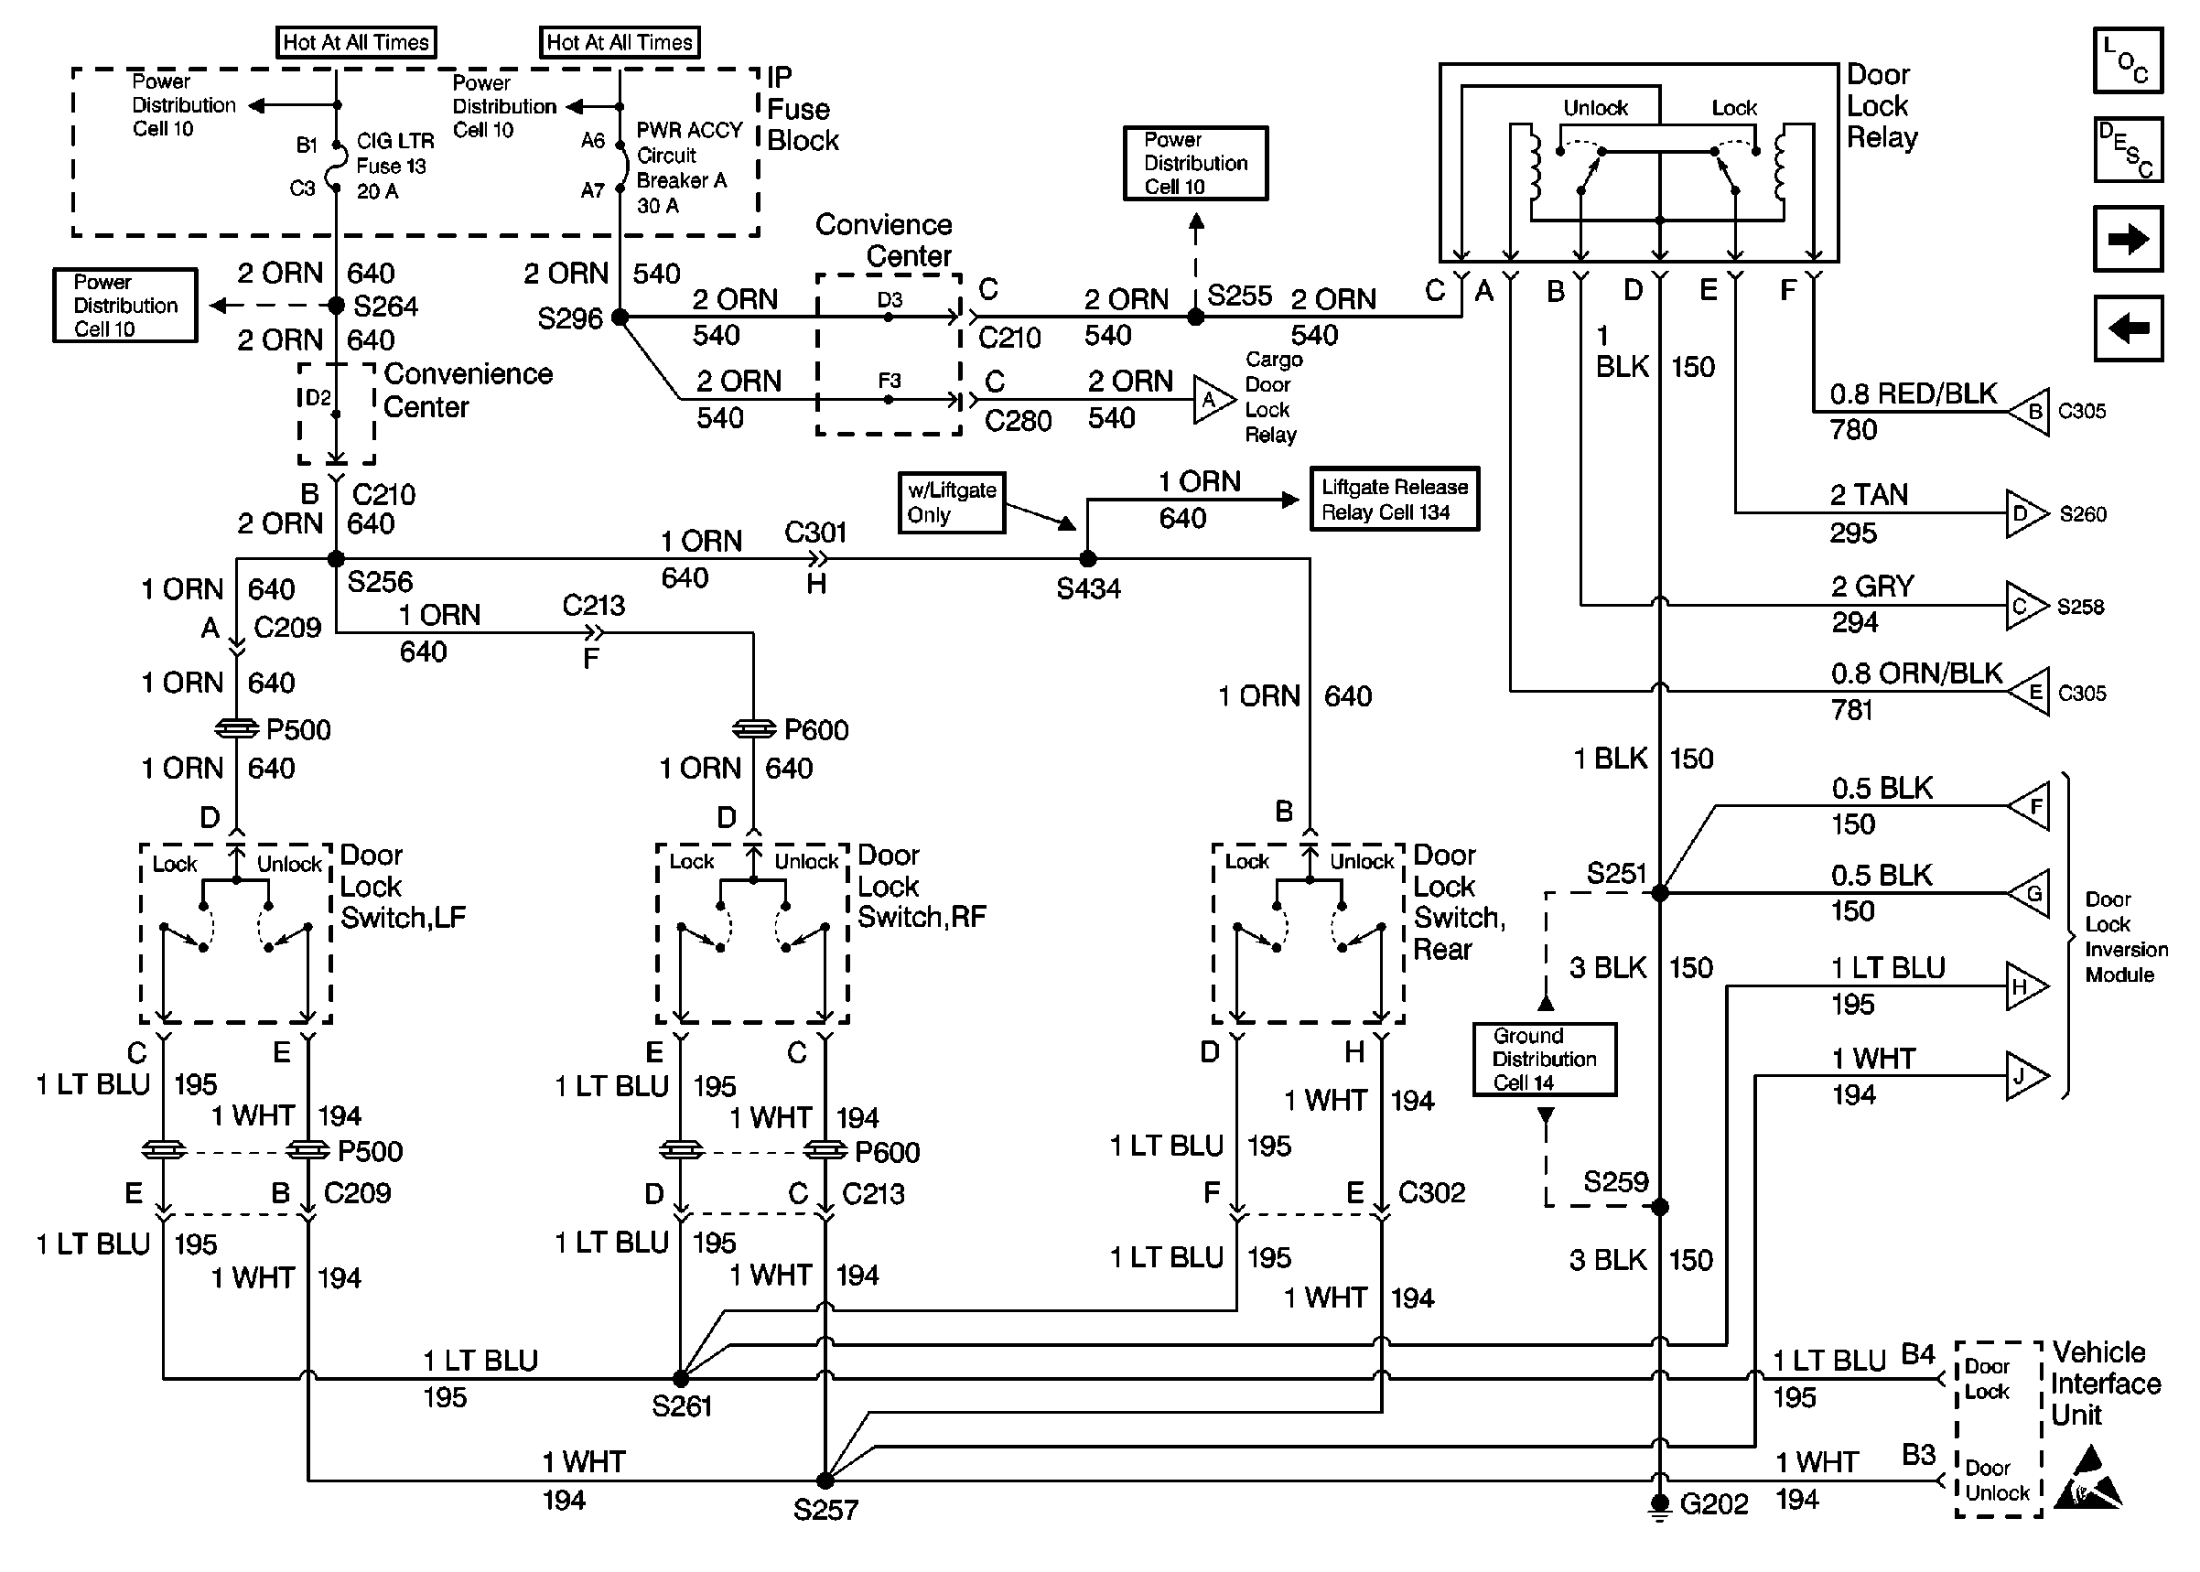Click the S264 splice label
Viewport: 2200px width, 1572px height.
[x=385, y=307]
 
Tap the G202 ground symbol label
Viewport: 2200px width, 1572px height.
[x=1713, y=1504]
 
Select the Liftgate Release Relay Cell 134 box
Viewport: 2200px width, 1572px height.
[x=1394, y=500]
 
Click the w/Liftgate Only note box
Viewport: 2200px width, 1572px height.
[x=951, y=502]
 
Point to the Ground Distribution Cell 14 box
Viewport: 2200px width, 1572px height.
[x=1544, y=1059]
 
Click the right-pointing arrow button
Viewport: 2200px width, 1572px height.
[x=2128, y=239]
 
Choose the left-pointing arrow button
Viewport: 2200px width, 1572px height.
[x=2128, y=329]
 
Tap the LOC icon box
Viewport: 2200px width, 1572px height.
[x=2128, y=60]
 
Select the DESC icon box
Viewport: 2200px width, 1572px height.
[x=2128, y=150]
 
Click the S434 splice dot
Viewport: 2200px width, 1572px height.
[x=1088, y=558]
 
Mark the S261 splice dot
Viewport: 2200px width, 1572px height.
[x=681, y=1378]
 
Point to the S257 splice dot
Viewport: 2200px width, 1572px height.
[x=825, y=1481]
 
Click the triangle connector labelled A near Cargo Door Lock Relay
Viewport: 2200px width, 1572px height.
[x=1210, y=399]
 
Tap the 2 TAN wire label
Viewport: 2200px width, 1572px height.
[x=1868, y=496]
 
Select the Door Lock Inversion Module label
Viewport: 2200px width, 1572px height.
[x=2126, y=937]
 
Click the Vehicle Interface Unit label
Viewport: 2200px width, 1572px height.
[x=2105, y=1384]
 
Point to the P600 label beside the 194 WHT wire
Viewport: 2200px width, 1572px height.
[x=886, y=1152]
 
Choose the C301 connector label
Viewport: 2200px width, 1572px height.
[x=815, y=533]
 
